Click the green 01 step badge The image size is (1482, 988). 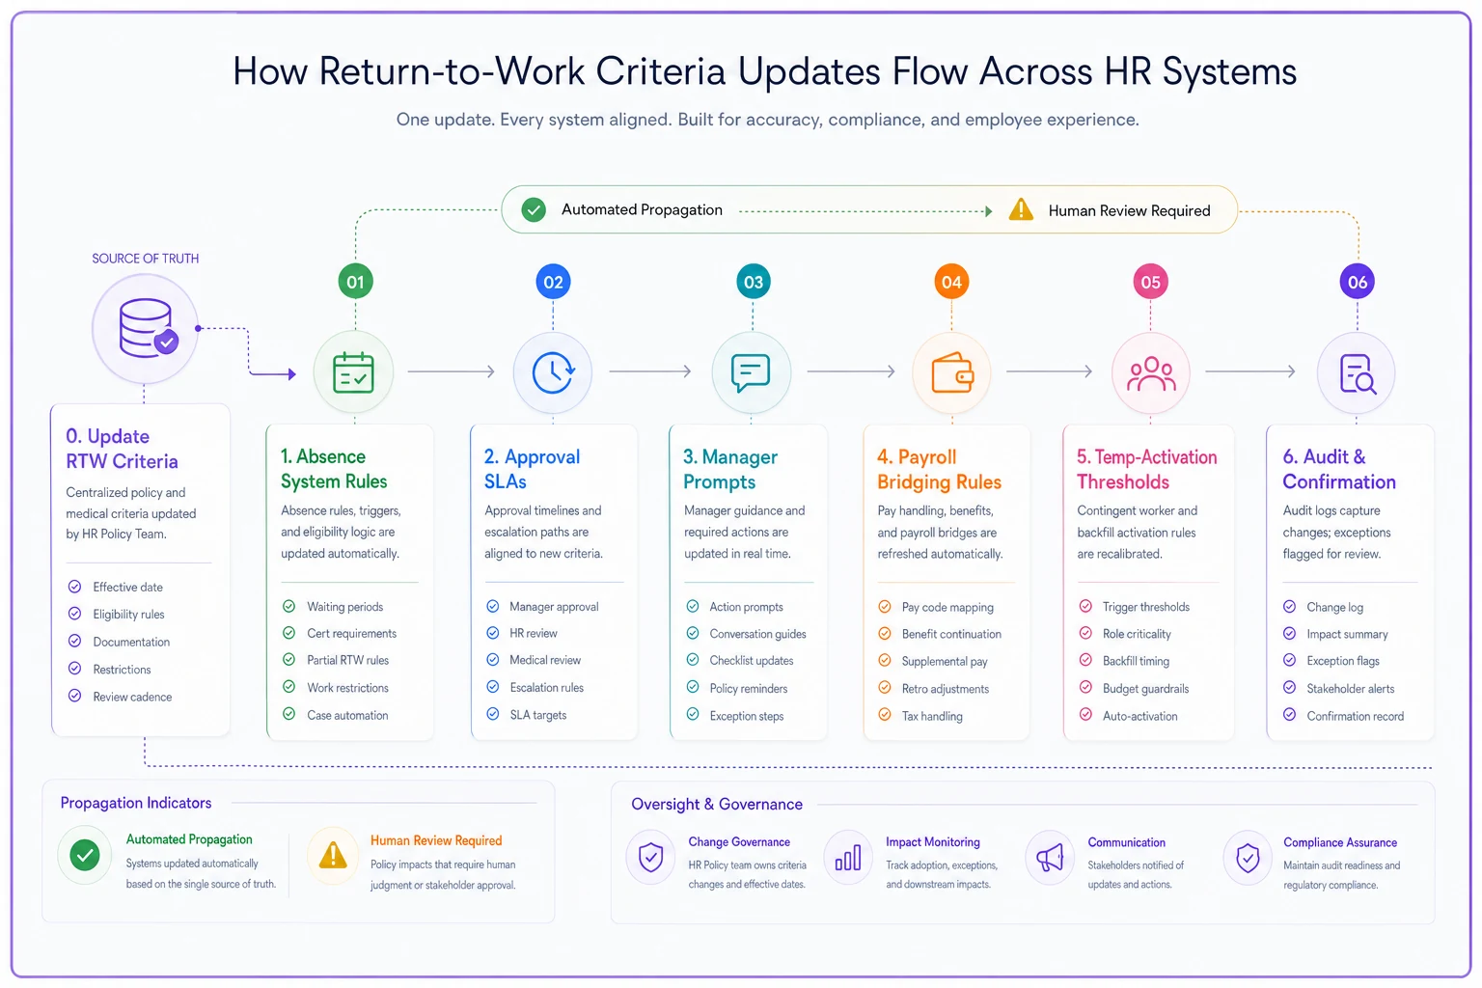click(355, 282)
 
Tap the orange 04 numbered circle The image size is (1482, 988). click(951, 283)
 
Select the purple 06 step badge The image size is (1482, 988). click(1357, 283)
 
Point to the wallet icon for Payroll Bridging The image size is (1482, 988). click(952, 373)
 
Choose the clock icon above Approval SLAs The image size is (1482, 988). click(553, 372)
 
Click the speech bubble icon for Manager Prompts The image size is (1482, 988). click(751, 373)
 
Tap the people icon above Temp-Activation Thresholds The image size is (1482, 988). click(1151, 374)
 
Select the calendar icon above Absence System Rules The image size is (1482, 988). click(353, 372)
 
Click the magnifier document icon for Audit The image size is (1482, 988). click(1357, 374)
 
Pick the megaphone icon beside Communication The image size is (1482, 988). click(1050, 859)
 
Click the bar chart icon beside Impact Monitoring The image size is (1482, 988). click(848, 858)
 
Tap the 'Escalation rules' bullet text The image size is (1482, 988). click(546, 688)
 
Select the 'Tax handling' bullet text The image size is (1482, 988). click(931, 716)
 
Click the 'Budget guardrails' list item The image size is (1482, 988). click(1145, 689)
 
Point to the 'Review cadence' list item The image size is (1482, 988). click(132, 697)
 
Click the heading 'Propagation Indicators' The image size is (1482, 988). click(136, 803)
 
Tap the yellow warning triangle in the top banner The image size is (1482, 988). click(1021, 209)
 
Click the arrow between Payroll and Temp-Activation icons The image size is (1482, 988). click(1050, 371)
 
